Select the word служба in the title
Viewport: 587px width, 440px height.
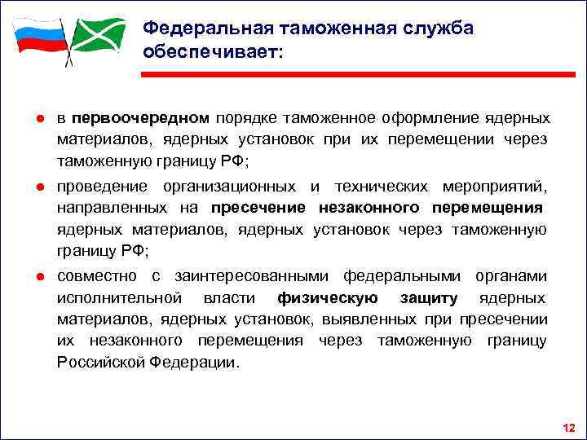pos(433,28)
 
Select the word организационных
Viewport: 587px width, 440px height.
pos(232,187)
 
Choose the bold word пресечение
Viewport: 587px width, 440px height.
pos(257,209)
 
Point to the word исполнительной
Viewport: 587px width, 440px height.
pos(110,297)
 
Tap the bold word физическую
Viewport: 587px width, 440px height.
pos(326,297)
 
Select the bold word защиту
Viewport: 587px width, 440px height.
pos(429,297)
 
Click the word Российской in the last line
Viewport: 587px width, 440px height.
pos(101,361)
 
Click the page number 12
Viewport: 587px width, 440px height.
pos(569,428)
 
